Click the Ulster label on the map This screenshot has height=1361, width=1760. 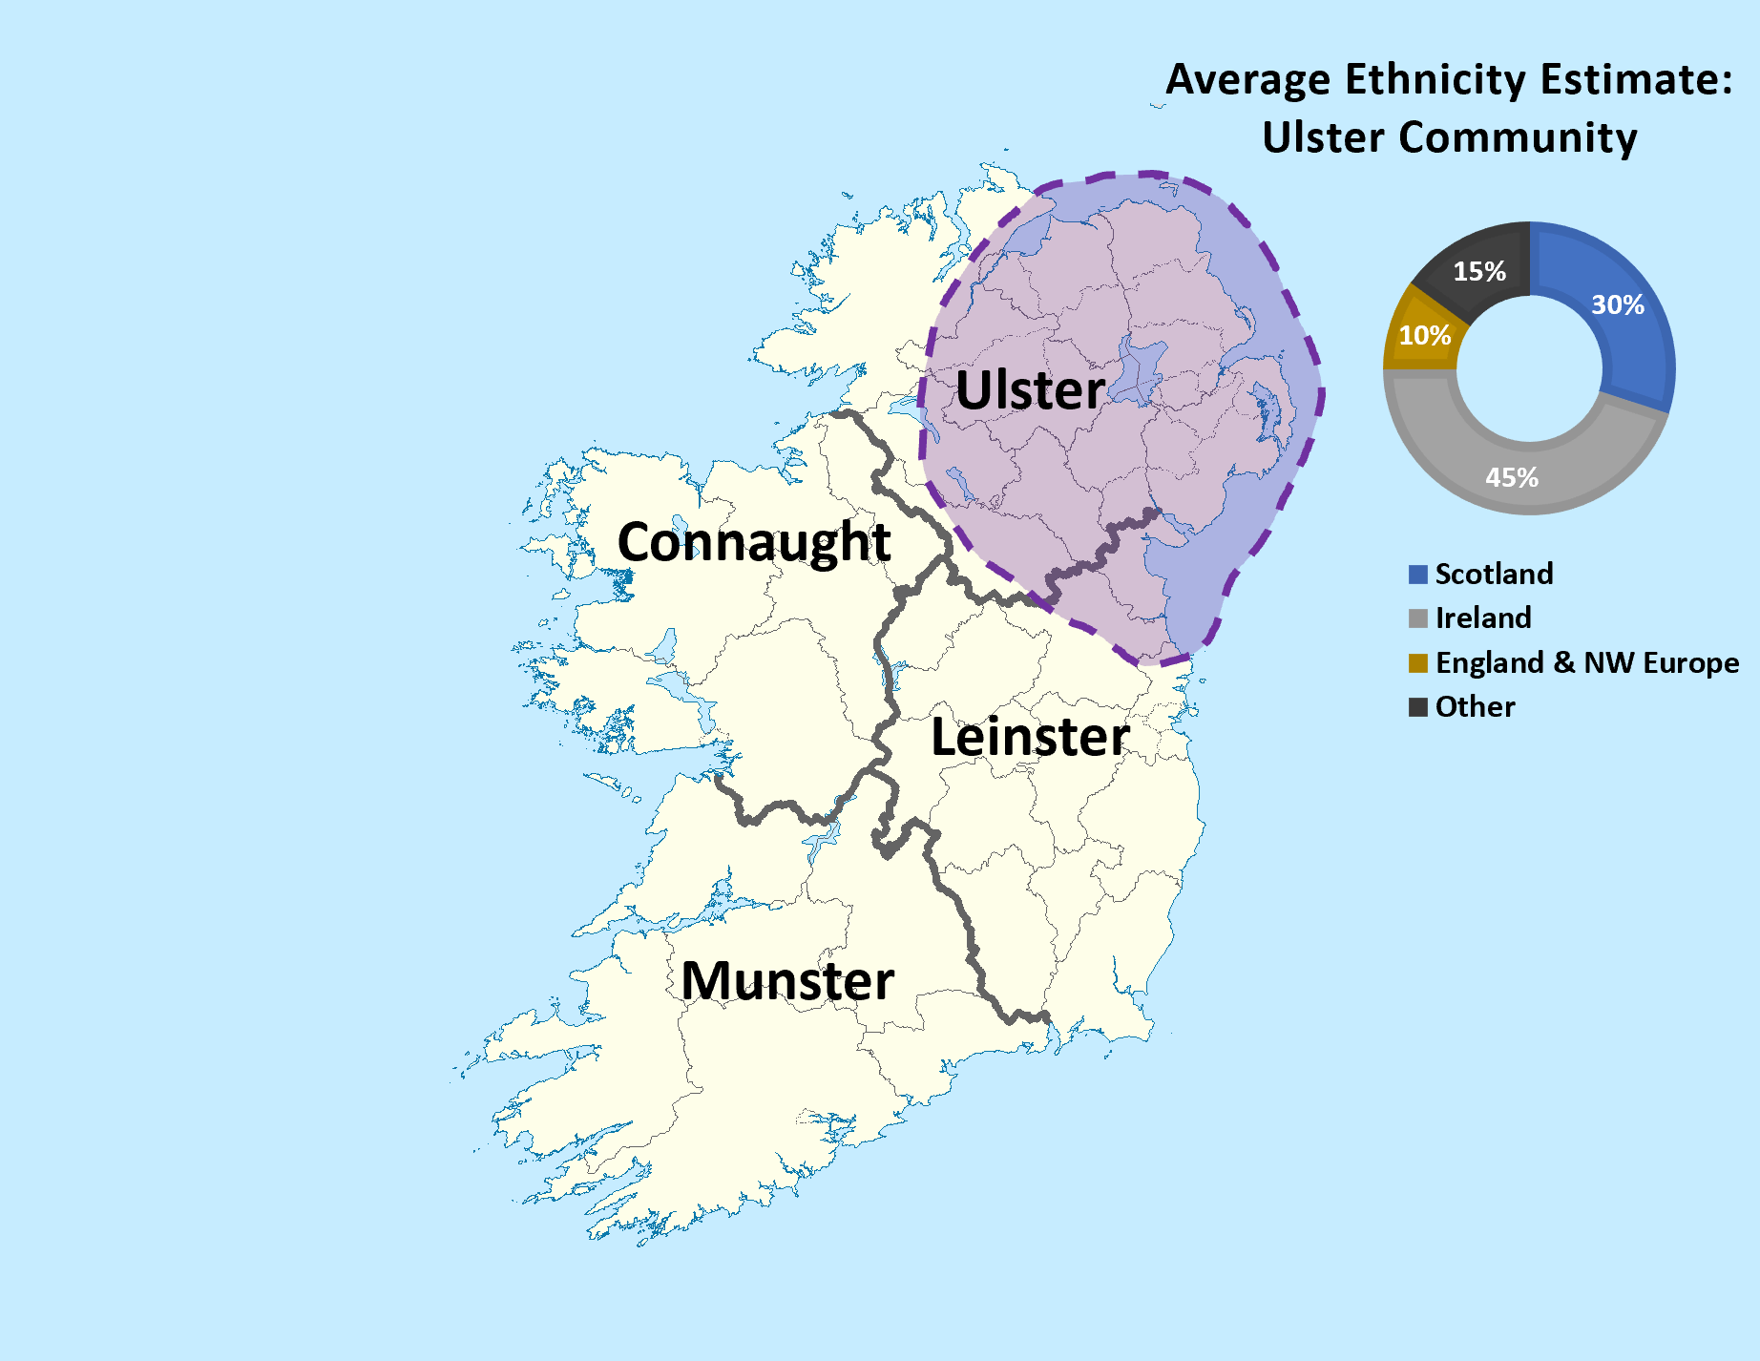point(1030,390)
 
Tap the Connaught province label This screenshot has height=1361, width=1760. point(754,542)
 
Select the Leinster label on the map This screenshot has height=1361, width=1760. point(1030,737)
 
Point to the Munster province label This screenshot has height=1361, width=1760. point(787,981)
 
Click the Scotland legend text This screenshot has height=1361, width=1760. point(1494,574)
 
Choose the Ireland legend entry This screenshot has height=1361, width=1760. point(1483,618)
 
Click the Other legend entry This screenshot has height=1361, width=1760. point(1475,706)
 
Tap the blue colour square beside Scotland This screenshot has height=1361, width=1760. point(1418,575)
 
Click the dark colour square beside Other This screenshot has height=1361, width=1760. point(1418,707)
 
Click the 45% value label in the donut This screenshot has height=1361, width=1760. point(1512,477)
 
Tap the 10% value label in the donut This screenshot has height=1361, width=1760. point(1425,336)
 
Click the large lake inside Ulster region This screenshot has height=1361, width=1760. point(1141,367)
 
